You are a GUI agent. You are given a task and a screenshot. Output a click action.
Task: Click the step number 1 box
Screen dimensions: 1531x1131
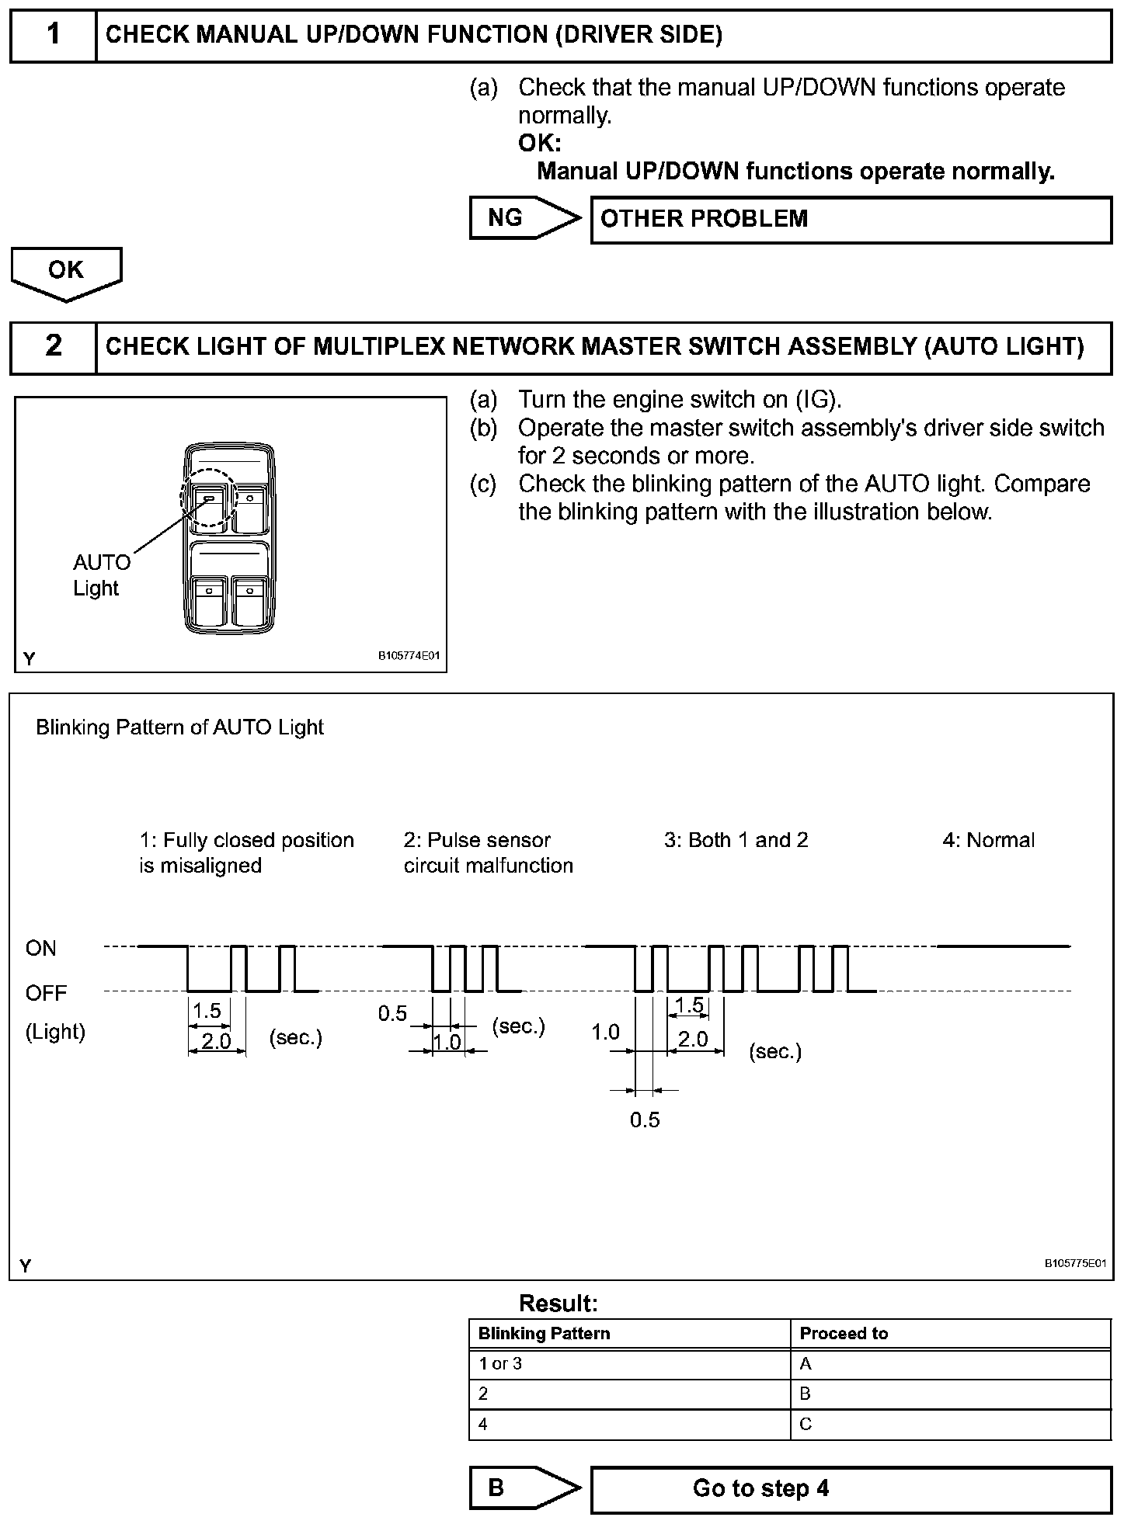click(53, 35)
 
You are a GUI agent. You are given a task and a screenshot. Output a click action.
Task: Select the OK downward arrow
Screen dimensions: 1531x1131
click(66, 272)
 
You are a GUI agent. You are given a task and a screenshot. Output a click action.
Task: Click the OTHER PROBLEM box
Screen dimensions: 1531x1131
click(851, 220)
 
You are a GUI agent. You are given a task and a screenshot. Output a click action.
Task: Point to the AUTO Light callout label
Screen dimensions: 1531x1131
click(100, 575)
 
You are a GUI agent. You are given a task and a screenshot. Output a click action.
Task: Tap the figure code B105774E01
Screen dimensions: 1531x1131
click(409, 656)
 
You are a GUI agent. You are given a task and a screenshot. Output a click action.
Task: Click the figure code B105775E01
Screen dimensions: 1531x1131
click(1074, 1263)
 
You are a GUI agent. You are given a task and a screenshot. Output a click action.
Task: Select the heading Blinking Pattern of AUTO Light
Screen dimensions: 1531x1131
click(179, 727)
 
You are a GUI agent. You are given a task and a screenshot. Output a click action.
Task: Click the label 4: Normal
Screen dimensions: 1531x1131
click(988, 840)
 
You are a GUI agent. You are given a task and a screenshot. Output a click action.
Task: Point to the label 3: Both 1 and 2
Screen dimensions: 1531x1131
click(736, 840)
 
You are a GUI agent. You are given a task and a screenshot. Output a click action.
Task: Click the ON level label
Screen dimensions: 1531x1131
click(41, 948)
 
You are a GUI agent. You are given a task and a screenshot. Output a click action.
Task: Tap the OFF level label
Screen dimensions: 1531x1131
click(47, 993)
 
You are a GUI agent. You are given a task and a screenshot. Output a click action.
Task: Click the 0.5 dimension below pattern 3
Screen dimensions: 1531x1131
click(645, 1120)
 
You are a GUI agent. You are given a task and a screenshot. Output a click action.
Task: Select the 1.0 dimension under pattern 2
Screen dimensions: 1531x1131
click(447, 1042)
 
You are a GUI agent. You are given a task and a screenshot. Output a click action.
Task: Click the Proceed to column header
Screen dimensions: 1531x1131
click(844, 1334)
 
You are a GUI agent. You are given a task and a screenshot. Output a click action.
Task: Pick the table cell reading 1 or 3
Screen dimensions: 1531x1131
click(501, 1364)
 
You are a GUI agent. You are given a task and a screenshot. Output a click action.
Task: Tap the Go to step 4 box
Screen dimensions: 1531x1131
click(851, 1488)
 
